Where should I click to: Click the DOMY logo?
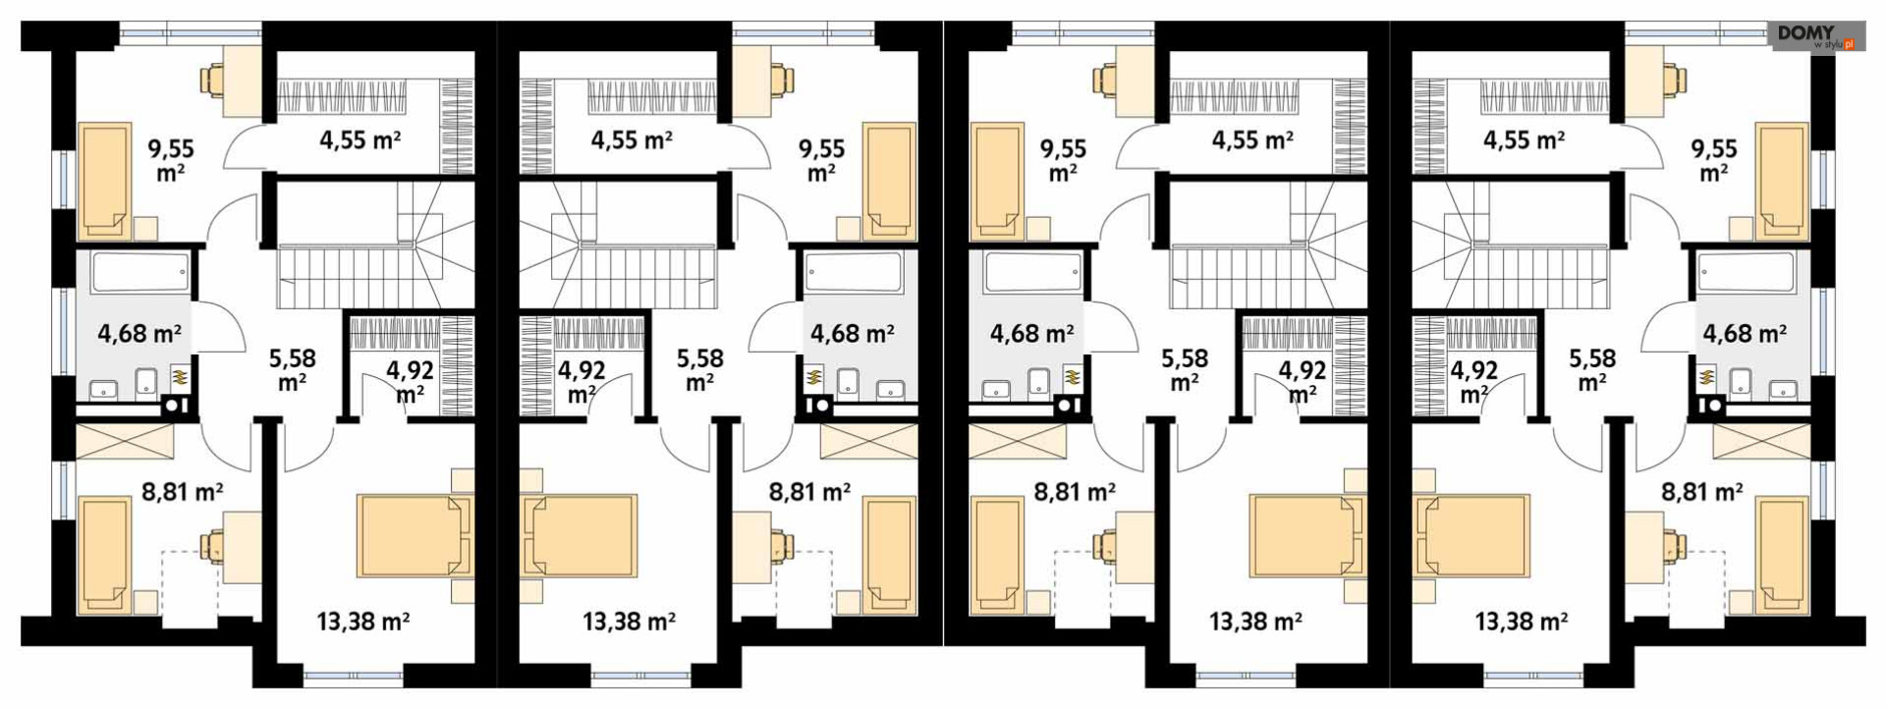click(x=1817, y=37)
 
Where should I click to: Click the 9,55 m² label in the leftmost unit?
click(x=171, y=161)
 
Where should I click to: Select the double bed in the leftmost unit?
click(x=415, y=535)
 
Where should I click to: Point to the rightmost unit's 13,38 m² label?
click(x=1521, y=621)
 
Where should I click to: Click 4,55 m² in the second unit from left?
click(x=632, y=140)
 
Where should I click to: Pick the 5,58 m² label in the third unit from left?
click(x=1185, y=369)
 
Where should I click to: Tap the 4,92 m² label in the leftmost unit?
click(x=410, y=381)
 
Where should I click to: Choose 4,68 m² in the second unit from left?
click(x=852, y=334)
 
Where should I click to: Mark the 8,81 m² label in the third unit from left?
click(x=1075, y=492)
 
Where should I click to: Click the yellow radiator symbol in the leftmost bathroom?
click(x=181, y=375)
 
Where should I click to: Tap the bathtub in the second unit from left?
click(x=854, y=272)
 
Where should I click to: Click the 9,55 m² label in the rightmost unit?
click(x=1714, y=161)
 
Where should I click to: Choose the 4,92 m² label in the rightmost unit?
click(x=1473, y=381)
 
